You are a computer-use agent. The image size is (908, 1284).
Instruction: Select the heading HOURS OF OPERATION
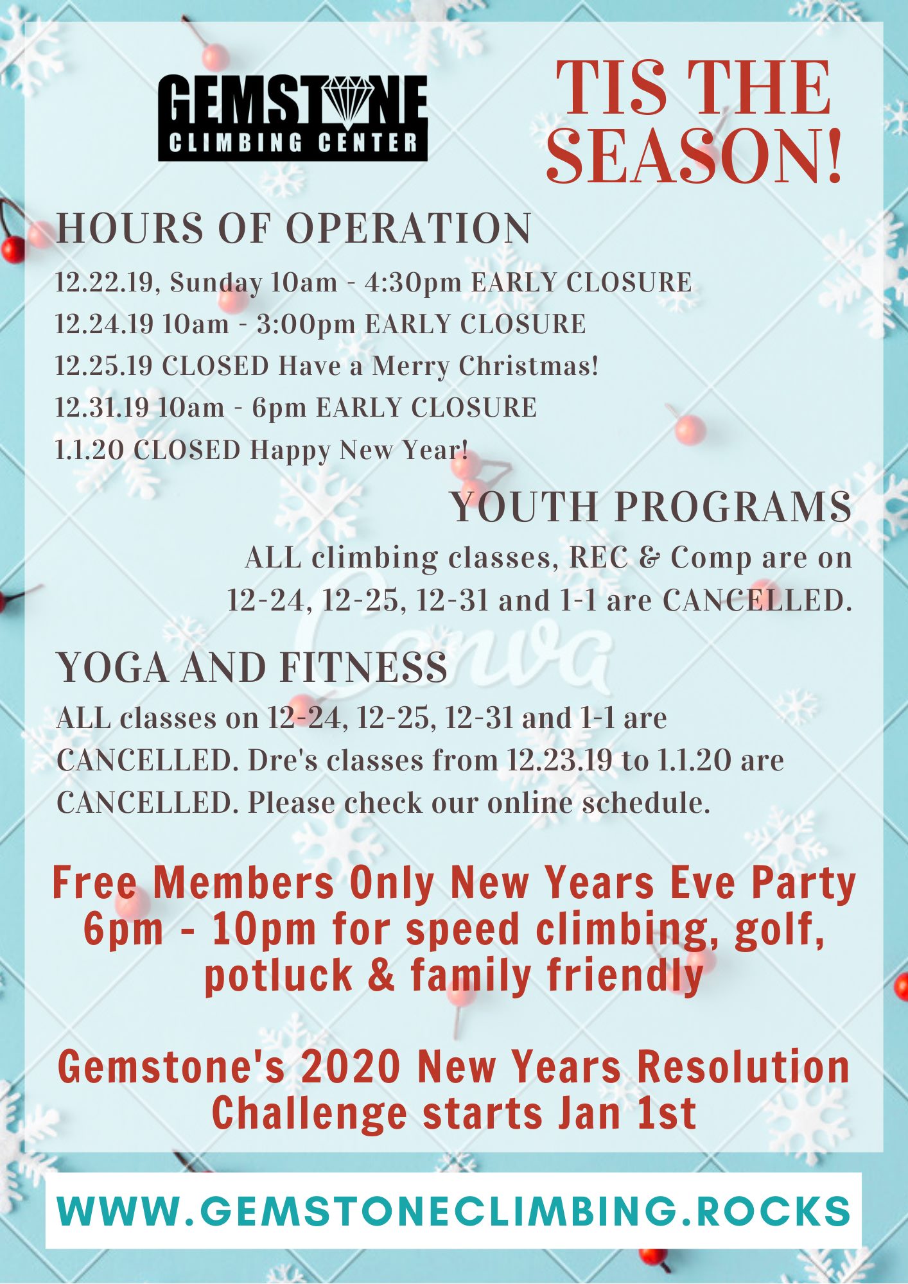click(x=293, y=228)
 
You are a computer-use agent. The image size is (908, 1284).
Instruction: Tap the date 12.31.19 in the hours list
click(x=102, y=408)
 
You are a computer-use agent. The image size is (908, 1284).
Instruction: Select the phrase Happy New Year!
click(x=359, y=450)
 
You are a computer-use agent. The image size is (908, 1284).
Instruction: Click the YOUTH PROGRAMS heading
click(x=651, y=507)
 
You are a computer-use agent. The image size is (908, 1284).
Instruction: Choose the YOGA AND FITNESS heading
click(x=252, y=667)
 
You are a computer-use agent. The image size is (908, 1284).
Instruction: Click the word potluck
click(x=278, y=975)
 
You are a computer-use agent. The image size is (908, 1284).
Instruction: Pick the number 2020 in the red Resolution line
click(x=351, y=1067)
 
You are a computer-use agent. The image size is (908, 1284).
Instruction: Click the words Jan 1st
click(x=627, y=1113)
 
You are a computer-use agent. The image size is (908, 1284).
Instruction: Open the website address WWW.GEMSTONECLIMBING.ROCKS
click(x=453, y=1211)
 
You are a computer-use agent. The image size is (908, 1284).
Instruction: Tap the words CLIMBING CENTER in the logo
click(x=293, y=143)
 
